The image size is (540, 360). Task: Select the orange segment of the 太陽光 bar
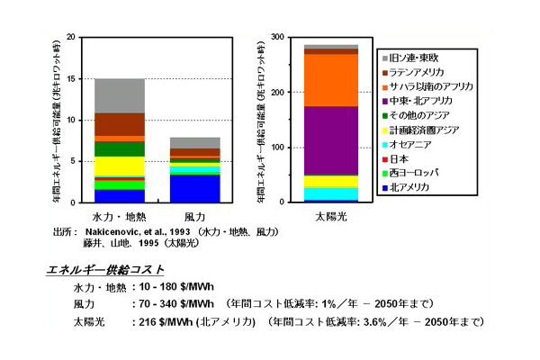coord(306,80)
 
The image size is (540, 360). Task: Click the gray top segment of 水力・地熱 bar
coord(119,95)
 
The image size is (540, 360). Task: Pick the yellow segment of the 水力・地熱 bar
coord(119,166)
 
